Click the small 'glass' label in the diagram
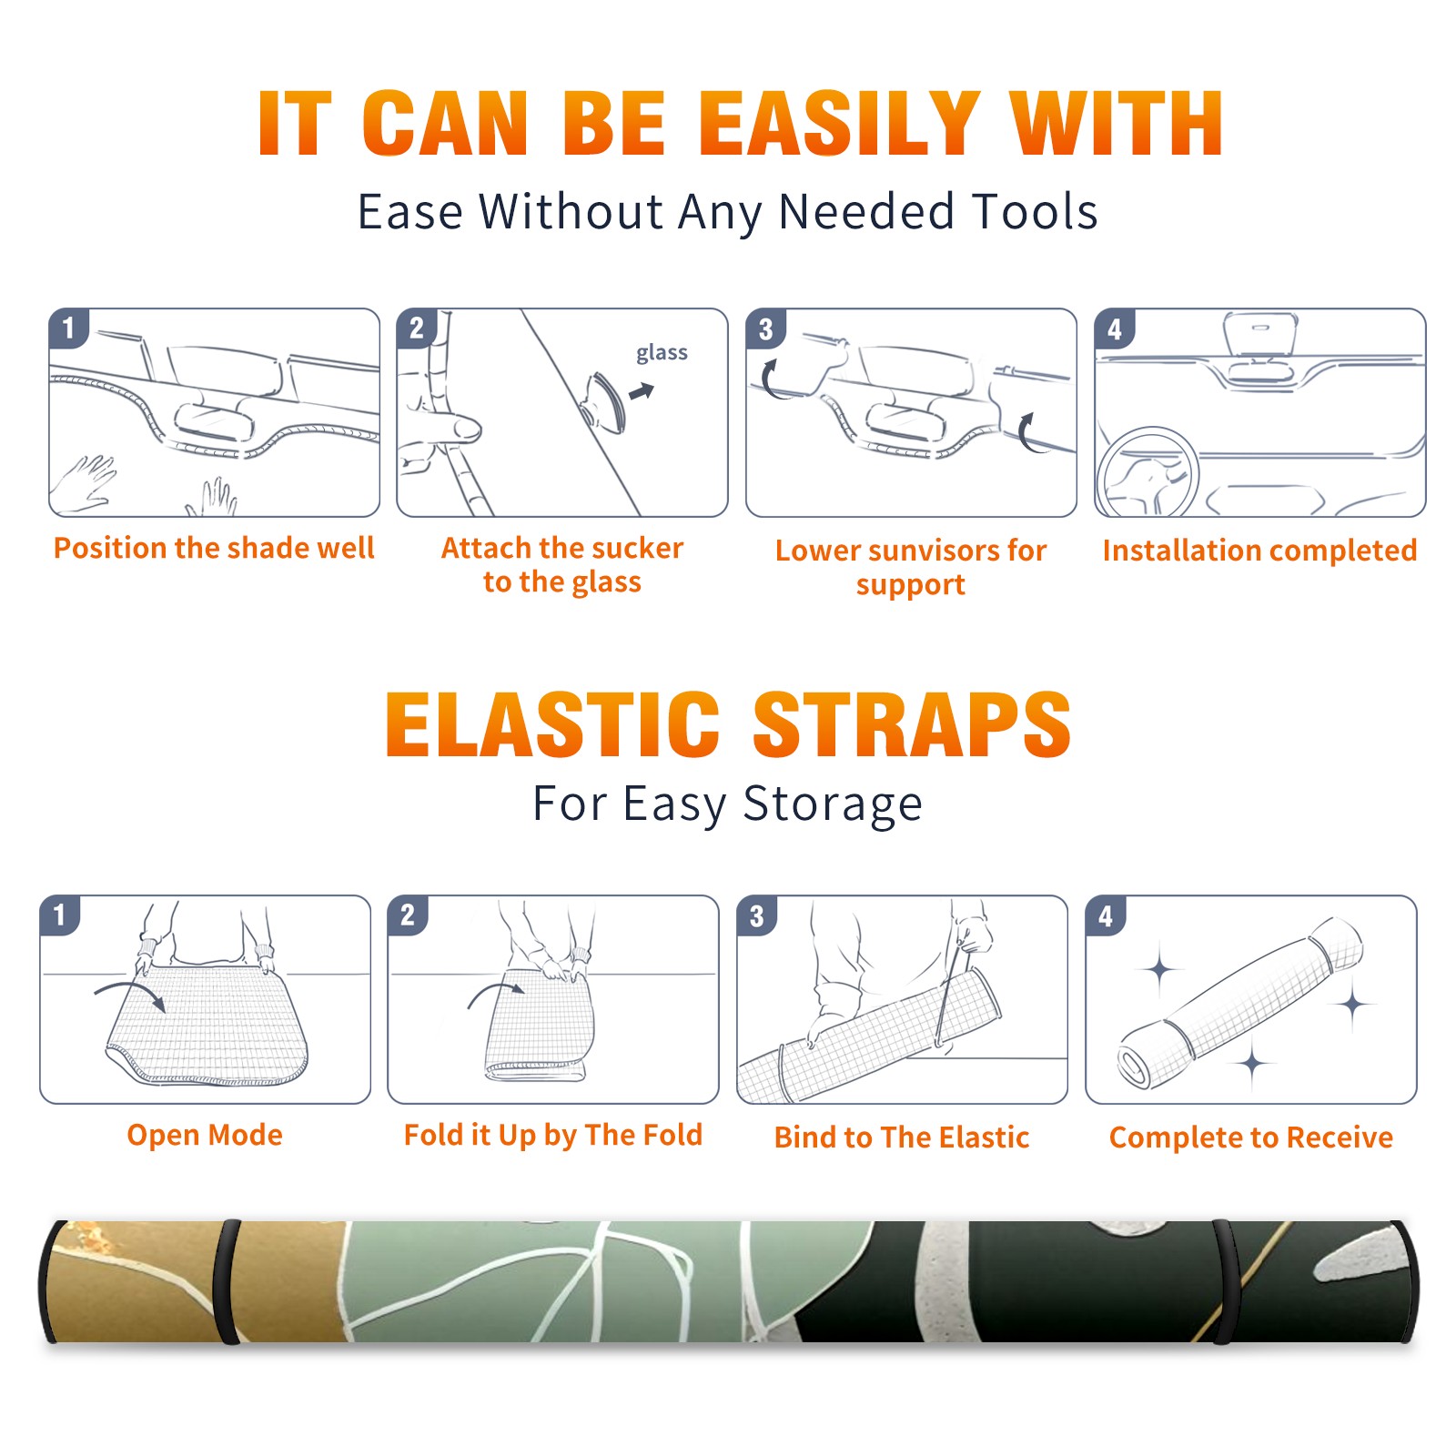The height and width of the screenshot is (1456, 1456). coord(662,353)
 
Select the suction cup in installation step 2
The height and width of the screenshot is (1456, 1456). coord(604,401)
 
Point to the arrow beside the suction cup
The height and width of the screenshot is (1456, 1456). coord(642,391)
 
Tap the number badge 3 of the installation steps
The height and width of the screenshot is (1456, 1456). coord(765,329)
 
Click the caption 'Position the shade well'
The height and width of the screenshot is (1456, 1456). coord(214,548)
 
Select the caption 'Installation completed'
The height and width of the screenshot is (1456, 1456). coord(1259,551)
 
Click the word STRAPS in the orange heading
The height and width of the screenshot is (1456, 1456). coord(912,724)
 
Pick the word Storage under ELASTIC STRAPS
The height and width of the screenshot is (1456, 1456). coord(833,804)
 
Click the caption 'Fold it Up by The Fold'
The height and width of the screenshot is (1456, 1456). coord(553,1135)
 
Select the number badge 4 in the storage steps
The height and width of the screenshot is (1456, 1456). coord(1105,915)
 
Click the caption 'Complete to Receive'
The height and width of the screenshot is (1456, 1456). coord(1251,1137)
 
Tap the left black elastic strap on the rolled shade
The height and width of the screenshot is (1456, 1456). coord(227,1281)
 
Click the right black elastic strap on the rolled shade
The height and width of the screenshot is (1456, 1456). coord(1225,1281)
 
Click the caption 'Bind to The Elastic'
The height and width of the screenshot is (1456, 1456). coord(902,1137)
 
